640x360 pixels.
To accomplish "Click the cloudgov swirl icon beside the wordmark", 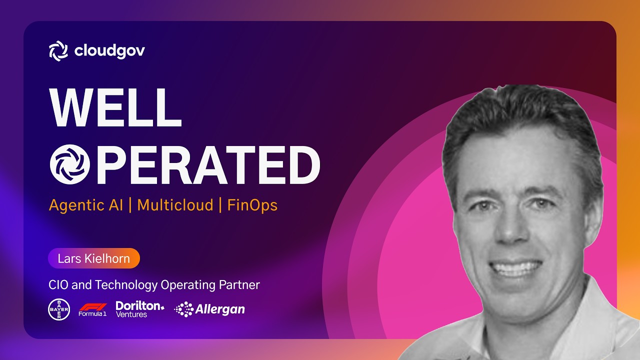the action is (58, 51).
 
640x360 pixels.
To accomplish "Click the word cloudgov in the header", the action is (109, 51).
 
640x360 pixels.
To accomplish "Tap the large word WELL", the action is (115, 107).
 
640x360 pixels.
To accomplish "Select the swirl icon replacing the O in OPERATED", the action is (69, 164).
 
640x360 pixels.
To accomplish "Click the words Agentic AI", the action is (85, 205).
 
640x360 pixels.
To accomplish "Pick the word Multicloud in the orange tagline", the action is (175, 205).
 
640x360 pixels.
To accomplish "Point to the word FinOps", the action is (252, 205).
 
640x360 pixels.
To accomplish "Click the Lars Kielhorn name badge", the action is (94, 258).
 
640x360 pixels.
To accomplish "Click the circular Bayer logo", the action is (59, 309).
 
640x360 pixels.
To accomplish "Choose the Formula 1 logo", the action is (92, 310).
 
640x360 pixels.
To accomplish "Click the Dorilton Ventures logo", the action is (139, 309).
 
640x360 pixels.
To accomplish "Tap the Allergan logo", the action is (209, 309).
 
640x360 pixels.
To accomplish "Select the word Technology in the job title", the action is (126, 285).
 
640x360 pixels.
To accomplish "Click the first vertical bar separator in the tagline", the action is (130, 205).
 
